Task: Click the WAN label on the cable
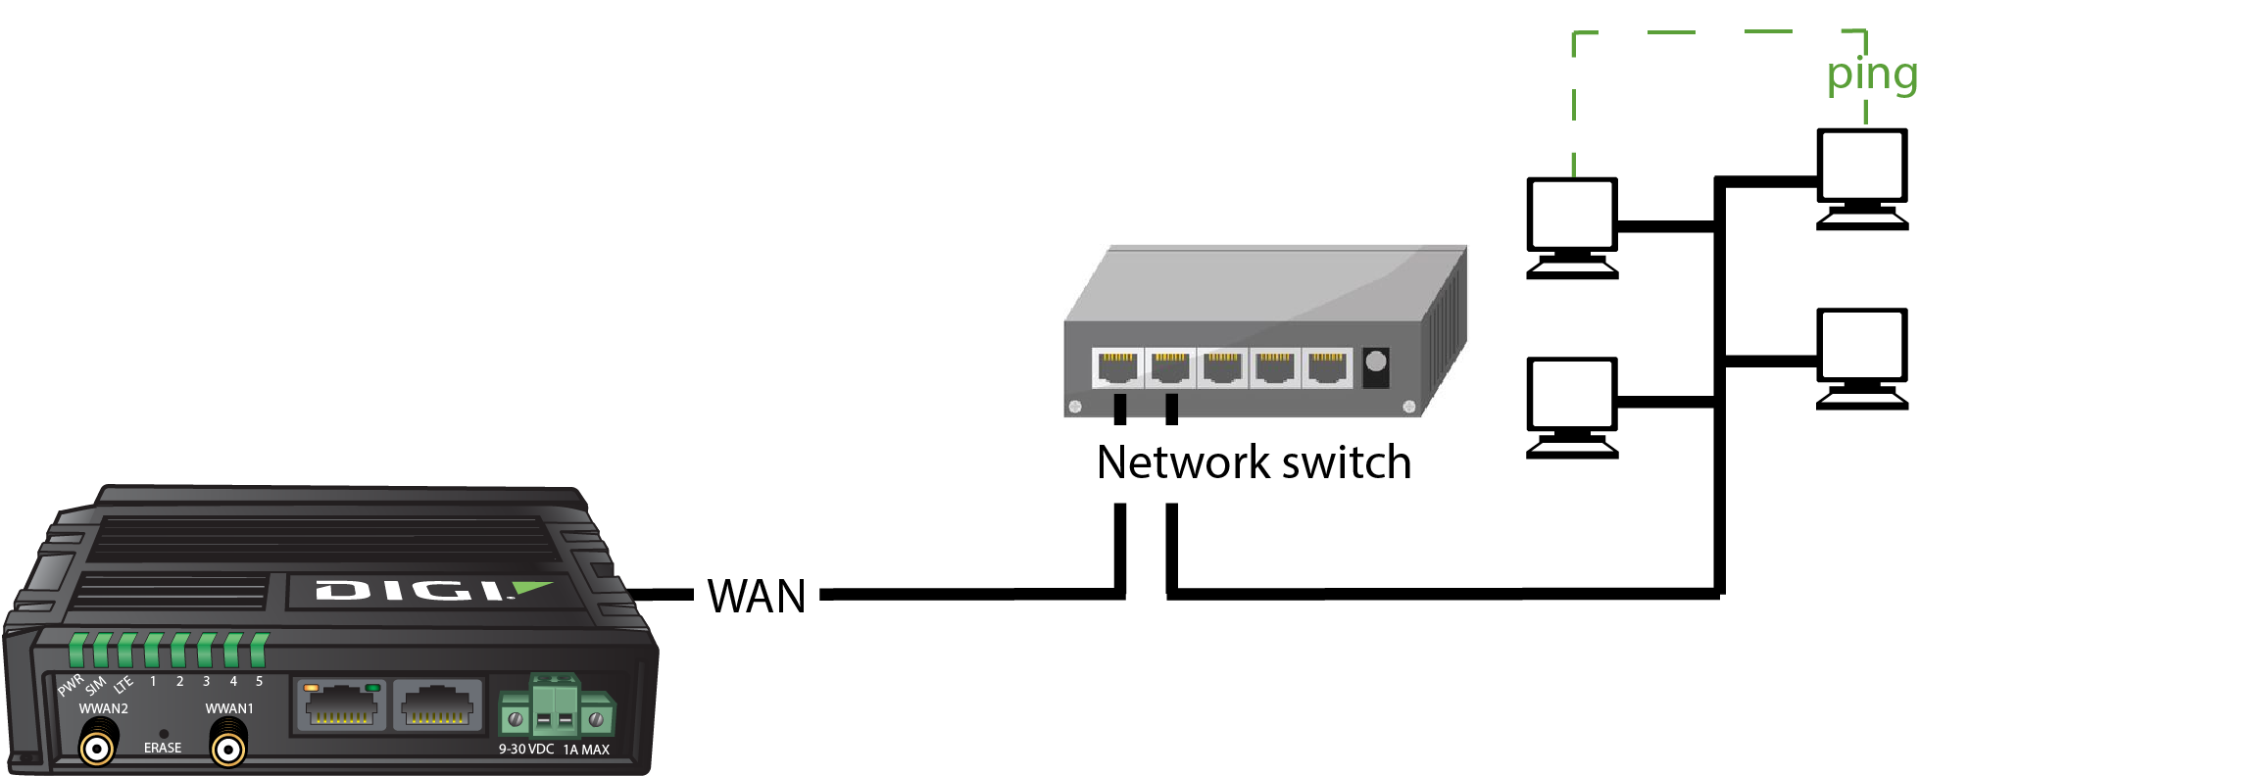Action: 757,596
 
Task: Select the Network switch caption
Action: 1254,462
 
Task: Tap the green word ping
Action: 1872,74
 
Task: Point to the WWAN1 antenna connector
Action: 228,750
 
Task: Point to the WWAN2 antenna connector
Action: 97,750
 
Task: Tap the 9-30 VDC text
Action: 526,750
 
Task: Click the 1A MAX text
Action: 586,750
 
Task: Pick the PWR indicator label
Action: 71,685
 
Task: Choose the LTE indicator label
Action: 123,685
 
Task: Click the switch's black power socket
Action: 1376,366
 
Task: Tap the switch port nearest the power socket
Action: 1327,368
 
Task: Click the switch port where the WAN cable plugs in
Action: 1118,368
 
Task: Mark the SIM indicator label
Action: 95,685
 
